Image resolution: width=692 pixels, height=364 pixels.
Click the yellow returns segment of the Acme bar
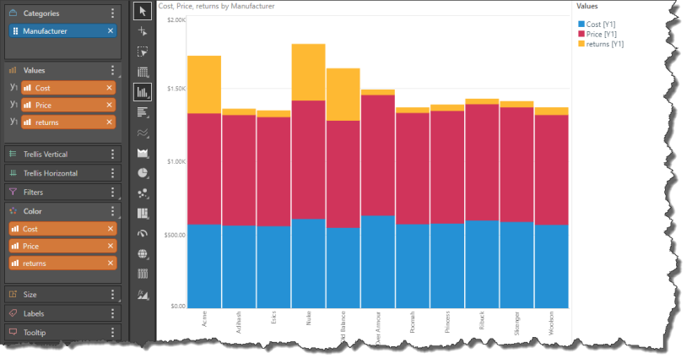point(204,84)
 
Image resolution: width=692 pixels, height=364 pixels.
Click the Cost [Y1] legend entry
point(601,25)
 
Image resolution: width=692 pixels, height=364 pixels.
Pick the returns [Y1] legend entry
point(604,43)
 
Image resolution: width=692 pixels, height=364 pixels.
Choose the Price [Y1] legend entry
point(602,35)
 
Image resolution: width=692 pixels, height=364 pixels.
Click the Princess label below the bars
point(447,323)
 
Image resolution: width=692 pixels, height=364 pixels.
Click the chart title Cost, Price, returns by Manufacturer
point(216,6)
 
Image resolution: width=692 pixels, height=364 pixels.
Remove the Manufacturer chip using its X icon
point(111,31)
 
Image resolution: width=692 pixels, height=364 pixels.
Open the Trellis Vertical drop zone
point(57,155)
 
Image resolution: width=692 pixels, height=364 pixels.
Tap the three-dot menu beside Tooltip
point(112,333)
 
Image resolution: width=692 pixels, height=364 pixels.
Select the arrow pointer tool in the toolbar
point(143,11)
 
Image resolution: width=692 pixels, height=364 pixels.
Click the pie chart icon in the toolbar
point(143,172)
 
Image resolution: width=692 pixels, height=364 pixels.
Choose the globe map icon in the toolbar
point(143,253)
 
